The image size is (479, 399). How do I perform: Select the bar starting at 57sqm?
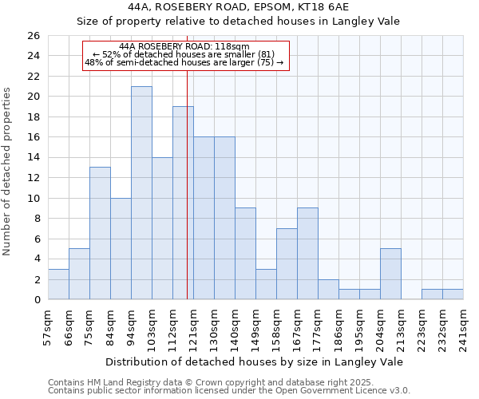tap(58, 284)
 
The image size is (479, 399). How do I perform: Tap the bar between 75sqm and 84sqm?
tap(100, 233)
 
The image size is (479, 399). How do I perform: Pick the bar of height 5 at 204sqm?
tap(390, 274)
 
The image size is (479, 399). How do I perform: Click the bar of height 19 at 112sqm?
tap(183, 203)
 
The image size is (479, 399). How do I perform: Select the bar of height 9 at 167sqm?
tap(307, 254)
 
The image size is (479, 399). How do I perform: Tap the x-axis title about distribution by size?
tap(254, 361)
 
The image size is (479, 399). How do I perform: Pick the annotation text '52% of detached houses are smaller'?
tap(184, 54)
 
